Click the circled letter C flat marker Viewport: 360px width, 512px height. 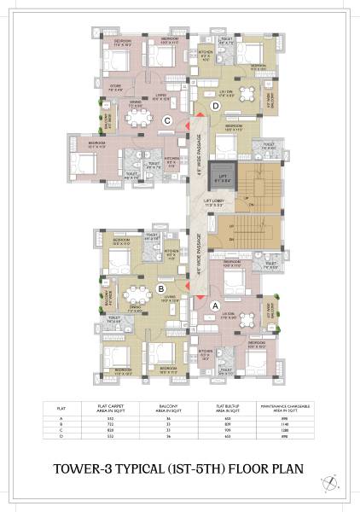click(168, 120)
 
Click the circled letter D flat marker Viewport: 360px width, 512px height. click(216, 105)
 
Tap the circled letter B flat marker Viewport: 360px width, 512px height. click(161, 288)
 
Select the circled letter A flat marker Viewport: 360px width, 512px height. click(215, 305)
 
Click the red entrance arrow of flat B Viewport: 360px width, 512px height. click(187, 283)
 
